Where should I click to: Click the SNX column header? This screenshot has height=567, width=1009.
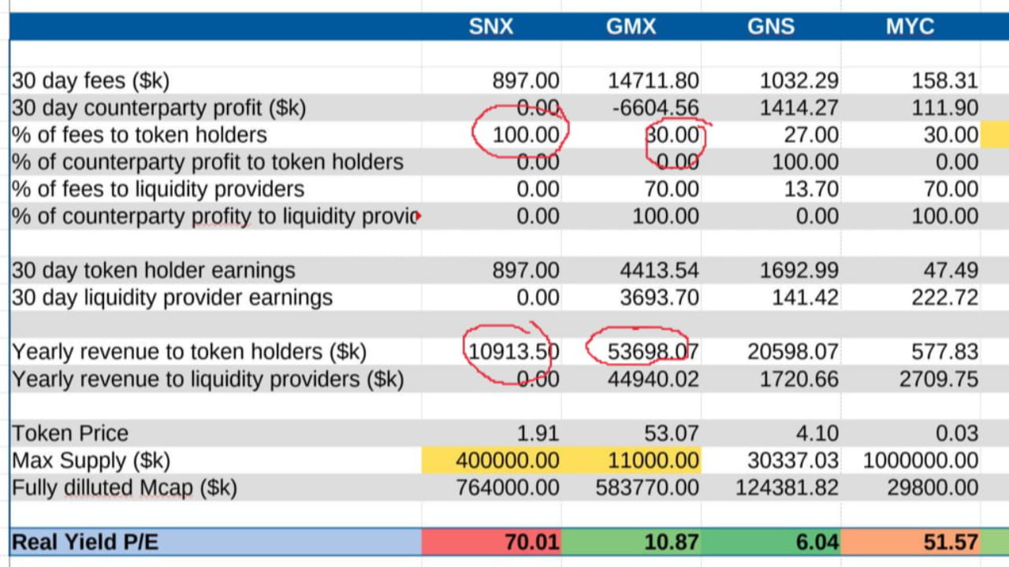[490, 26]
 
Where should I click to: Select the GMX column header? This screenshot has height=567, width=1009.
[631, 26]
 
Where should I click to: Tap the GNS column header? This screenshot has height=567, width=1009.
[771, 26]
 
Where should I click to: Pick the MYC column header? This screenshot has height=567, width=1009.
[910, 26]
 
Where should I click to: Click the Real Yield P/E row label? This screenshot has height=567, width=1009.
[85, 542]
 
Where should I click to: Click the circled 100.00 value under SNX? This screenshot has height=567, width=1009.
[525, 135]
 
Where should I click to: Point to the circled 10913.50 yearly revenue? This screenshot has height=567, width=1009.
[513, 351]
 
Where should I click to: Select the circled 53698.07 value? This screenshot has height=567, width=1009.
[642, 351]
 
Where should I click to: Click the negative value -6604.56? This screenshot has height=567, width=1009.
[653, 108]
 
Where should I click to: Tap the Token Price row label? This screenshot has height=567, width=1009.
[70, 433]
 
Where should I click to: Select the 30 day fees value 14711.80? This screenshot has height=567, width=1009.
[653, 80]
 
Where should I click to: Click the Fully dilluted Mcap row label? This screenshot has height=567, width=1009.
[125, 487]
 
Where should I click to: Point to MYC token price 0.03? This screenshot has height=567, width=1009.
[958, 433]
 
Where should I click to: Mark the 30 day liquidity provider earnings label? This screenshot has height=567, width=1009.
[172, 298]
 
